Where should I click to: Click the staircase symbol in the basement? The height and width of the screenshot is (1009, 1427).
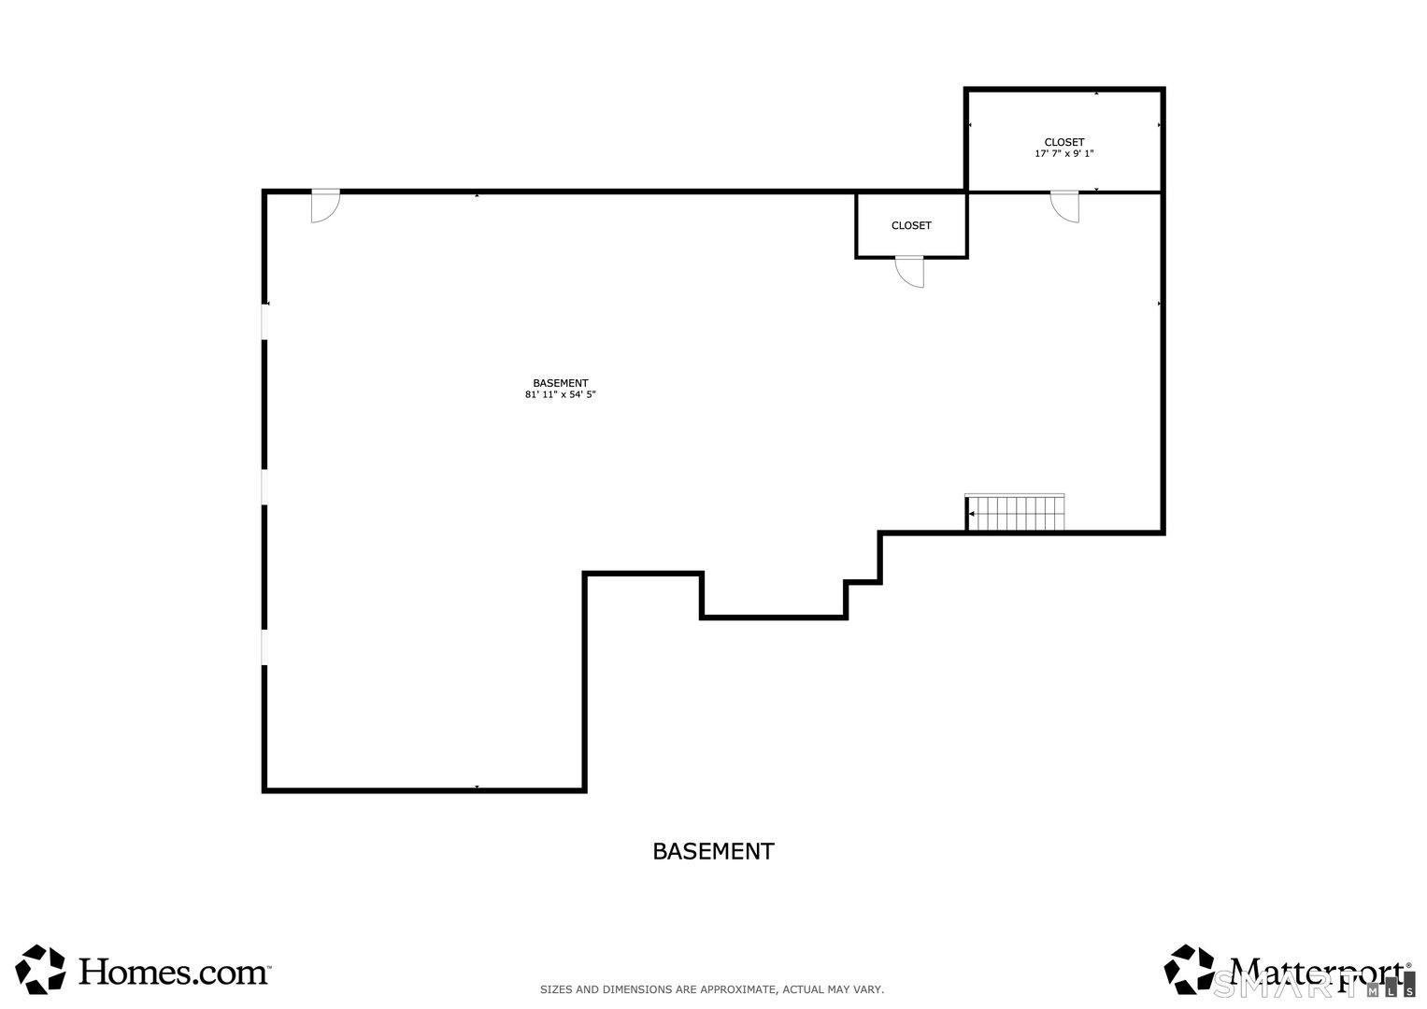(1015, 513)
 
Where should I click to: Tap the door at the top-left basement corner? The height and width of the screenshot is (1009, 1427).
(324, 206)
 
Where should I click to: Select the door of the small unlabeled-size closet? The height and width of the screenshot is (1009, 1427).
(909, 272)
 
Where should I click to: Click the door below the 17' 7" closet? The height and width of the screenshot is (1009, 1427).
(1064, 206)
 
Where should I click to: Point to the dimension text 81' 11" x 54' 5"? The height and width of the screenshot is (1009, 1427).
(560, 395)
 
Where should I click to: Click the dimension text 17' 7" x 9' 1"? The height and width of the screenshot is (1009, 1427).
(1063, 154)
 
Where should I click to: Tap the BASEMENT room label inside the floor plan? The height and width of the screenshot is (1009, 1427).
(560, 383)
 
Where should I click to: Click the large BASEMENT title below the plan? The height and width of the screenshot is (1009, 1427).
(713, 851)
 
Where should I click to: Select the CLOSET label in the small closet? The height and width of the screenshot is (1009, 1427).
(911, 226)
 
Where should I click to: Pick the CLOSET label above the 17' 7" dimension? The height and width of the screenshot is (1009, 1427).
(1063, 143)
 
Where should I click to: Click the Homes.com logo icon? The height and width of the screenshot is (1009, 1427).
(42, 969)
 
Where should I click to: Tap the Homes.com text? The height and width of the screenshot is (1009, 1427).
(174, 972)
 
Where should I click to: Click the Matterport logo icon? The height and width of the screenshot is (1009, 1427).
(1190, 969)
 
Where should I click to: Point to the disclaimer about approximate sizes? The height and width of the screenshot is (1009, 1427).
(712, 989)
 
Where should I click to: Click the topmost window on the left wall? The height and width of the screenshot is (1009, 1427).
(265, 322)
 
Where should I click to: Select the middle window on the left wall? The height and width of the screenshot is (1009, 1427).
(265, 487)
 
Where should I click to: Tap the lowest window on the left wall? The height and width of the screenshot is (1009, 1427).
(265, 647)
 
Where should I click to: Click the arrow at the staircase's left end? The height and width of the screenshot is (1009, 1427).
(972, 514)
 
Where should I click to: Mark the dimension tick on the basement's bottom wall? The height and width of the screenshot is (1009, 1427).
(477, 788)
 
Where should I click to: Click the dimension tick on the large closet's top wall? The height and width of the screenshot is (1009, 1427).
(1096, 92)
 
